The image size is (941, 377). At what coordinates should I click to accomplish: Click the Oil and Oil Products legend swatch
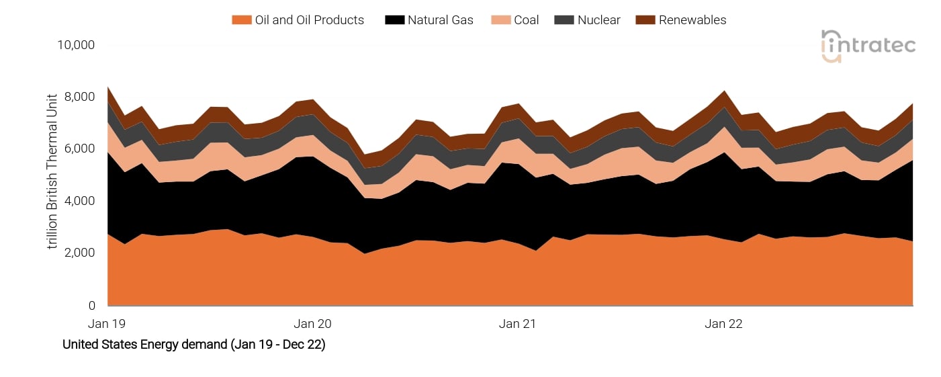coord(240,20)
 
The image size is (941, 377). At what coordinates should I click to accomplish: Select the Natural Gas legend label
coord(440,20)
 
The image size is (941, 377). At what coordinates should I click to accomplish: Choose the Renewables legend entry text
coord(692,20)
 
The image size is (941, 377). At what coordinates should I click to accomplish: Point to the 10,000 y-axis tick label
coord(76,45)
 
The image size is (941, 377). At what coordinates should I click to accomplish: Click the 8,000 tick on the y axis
coord(79,97)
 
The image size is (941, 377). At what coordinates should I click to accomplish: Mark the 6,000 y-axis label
coord(79,149)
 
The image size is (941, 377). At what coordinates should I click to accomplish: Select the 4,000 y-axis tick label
coord(79,201)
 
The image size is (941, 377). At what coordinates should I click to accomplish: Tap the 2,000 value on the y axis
coord(79,253)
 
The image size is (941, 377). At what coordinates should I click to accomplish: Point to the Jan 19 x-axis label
coord(107,324)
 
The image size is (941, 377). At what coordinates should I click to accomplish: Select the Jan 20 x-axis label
coord(313,324)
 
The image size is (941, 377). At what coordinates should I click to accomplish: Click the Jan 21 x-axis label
coord(518,324)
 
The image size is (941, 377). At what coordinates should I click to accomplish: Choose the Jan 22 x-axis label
coord(723,324)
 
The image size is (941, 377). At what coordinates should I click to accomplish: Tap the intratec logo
coord(868,46)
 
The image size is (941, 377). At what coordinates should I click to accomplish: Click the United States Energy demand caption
coord(193,345)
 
